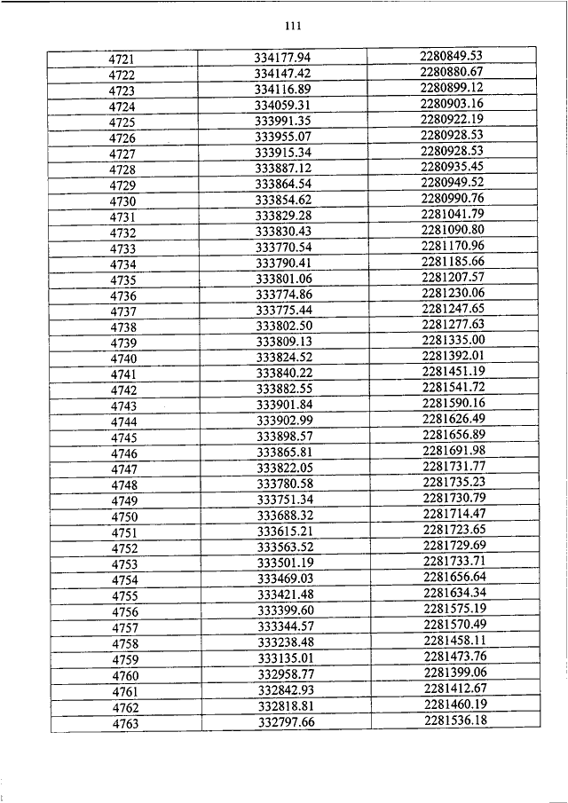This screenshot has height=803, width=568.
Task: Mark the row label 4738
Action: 123,327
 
